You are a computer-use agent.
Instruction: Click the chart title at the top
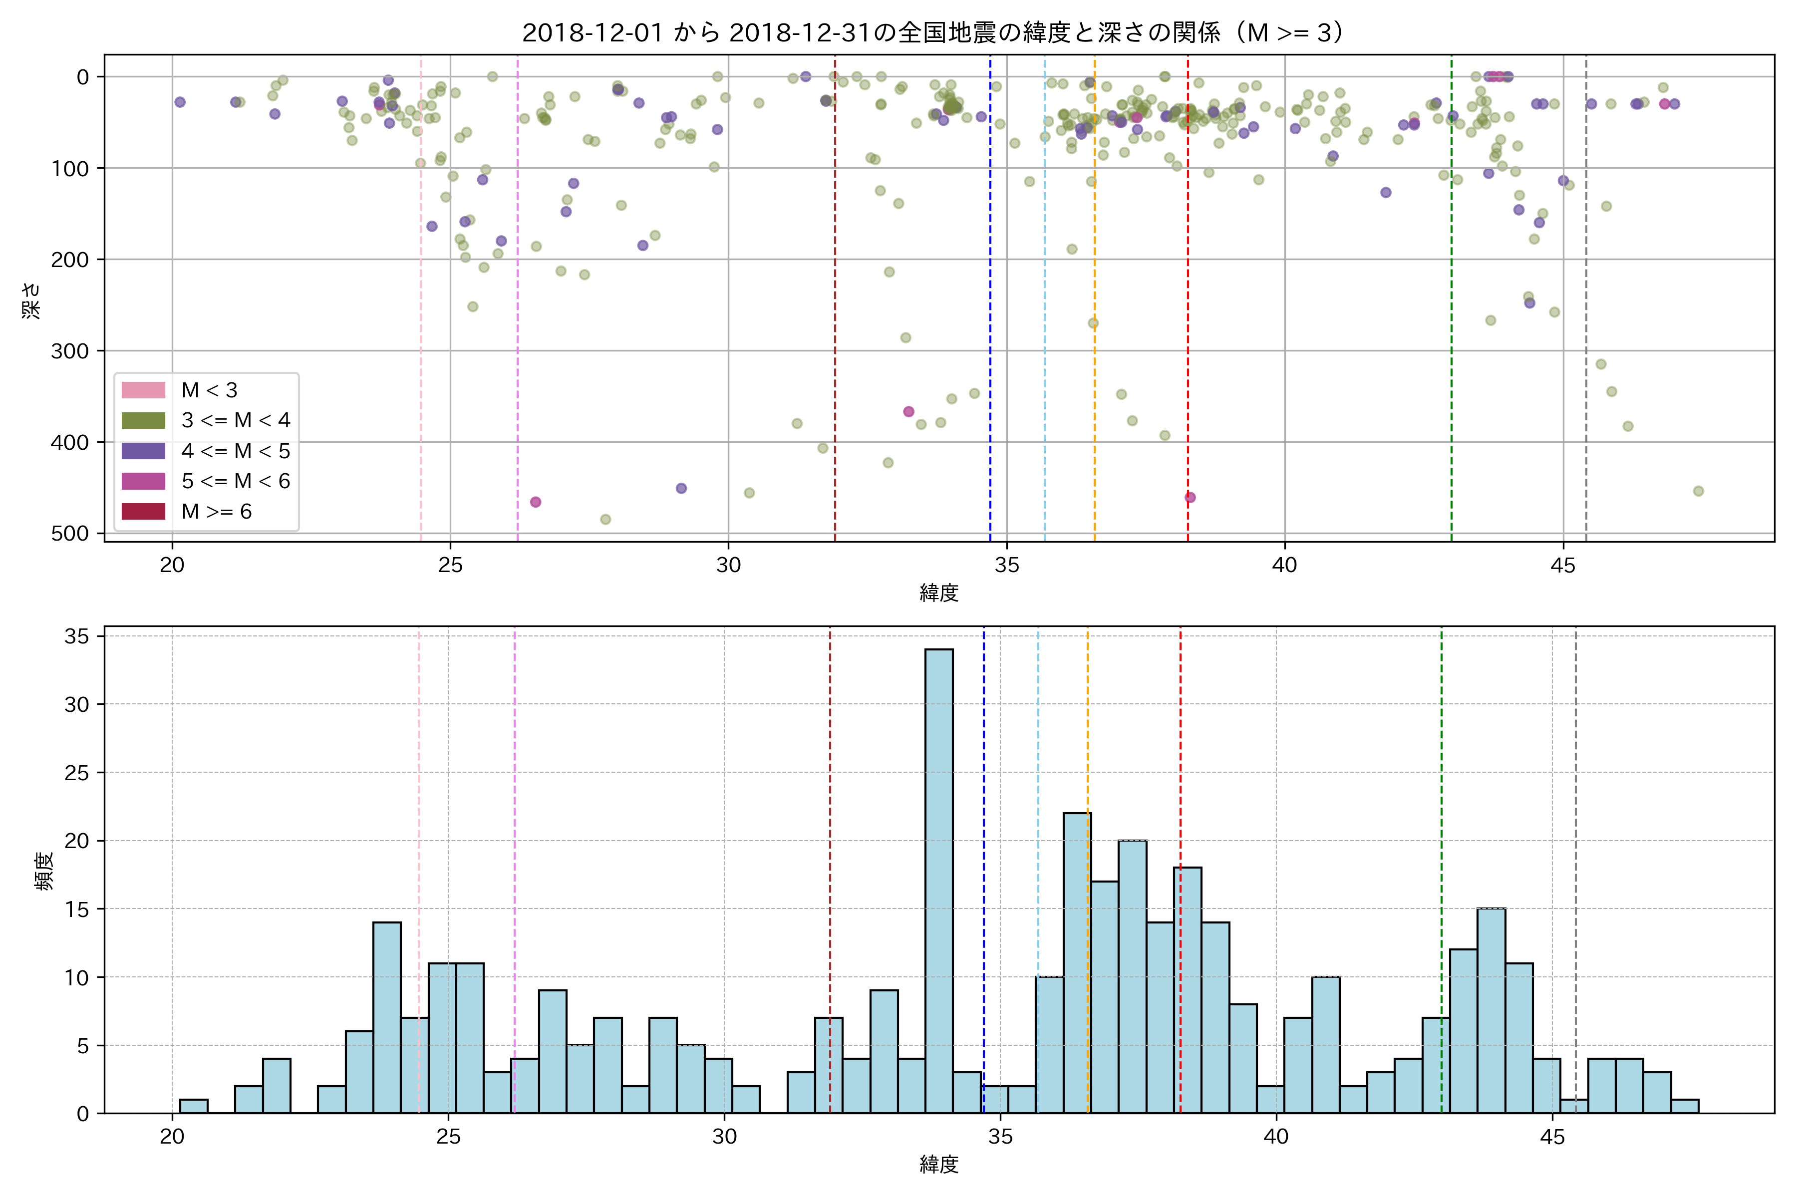[x=938, y=33]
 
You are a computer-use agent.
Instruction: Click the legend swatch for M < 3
[x=144, y=390]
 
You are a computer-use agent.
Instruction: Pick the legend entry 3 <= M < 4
[x=235, y=420]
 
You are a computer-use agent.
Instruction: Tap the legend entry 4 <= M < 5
[x=235, y=451]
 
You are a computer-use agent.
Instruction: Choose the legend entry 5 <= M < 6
[x=235, y=481]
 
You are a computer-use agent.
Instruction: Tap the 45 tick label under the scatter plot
[x=1563, y=566]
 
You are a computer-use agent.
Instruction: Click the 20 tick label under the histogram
[x=172, y=1138]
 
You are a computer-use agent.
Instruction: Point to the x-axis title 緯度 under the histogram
[x=938, y=1165]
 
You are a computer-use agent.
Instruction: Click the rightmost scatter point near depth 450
[x=1699, y=491]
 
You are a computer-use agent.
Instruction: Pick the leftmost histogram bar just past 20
[x=193, y=1106]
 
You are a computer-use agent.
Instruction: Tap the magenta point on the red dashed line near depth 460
[x=1190, y=497]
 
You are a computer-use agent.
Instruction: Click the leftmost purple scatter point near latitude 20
[x=180, y=102]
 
